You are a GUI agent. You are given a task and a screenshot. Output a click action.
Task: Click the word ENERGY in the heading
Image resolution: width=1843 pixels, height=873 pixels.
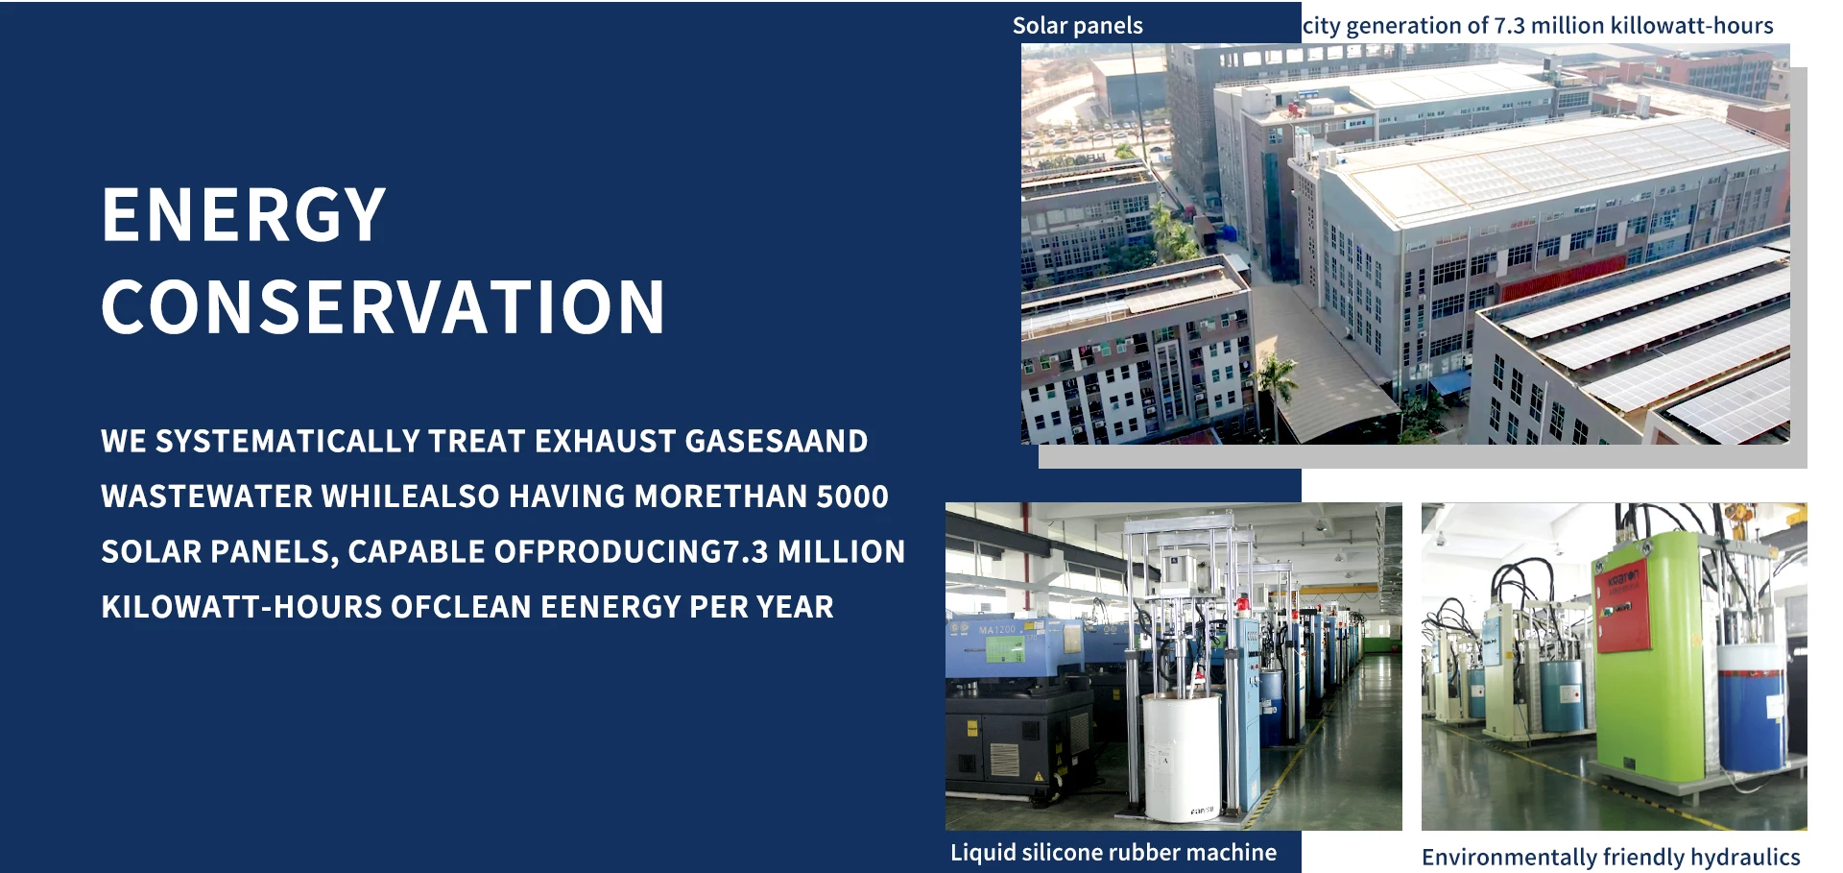[244, 214]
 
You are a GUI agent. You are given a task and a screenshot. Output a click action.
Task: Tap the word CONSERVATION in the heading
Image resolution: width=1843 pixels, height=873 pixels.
[383, 307]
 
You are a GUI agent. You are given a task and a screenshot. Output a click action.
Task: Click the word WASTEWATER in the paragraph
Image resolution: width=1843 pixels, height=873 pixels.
[207, 497]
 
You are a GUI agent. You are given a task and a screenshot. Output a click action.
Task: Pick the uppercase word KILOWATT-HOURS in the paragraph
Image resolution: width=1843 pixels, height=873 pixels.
[242, 607]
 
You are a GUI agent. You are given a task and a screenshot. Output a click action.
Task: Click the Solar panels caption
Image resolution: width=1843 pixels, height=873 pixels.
[1077, 26]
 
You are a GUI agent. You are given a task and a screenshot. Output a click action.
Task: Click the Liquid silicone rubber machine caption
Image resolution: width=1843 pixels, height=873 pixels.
[1113, 853]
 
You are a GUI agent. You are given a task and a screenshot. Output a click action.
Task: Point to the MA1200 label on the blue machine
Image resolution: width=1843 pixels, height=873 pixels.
[997, 630]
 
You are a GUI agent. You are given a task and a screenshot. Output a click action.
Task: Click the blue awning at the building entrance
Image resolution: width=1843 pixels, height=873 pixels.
[1448, 383]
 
